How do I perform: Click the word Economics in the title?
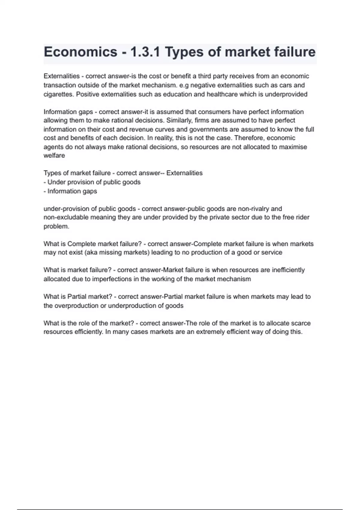pyautogui.click(x=80, y=52)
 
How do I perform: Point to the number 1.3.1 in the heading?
pyautogui.click(x=145, y=52)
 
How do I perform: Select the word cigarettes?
pyautogui.click(x=58, y=94)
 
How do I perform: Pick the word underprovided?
pyautogui.click(x=286, y=94)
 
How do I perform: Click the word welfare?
pyautogui.click(x=54, y=155)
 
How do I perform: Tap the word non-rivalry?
pyautogui.click(x=254, y=208)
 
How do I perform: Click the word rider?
pyautogui.click(x=303, y=217)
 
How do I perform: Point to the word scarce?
pyautogui.click(x=301, y=323)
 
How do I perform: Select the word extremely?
pyautogui.click(x=213, y=332)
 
